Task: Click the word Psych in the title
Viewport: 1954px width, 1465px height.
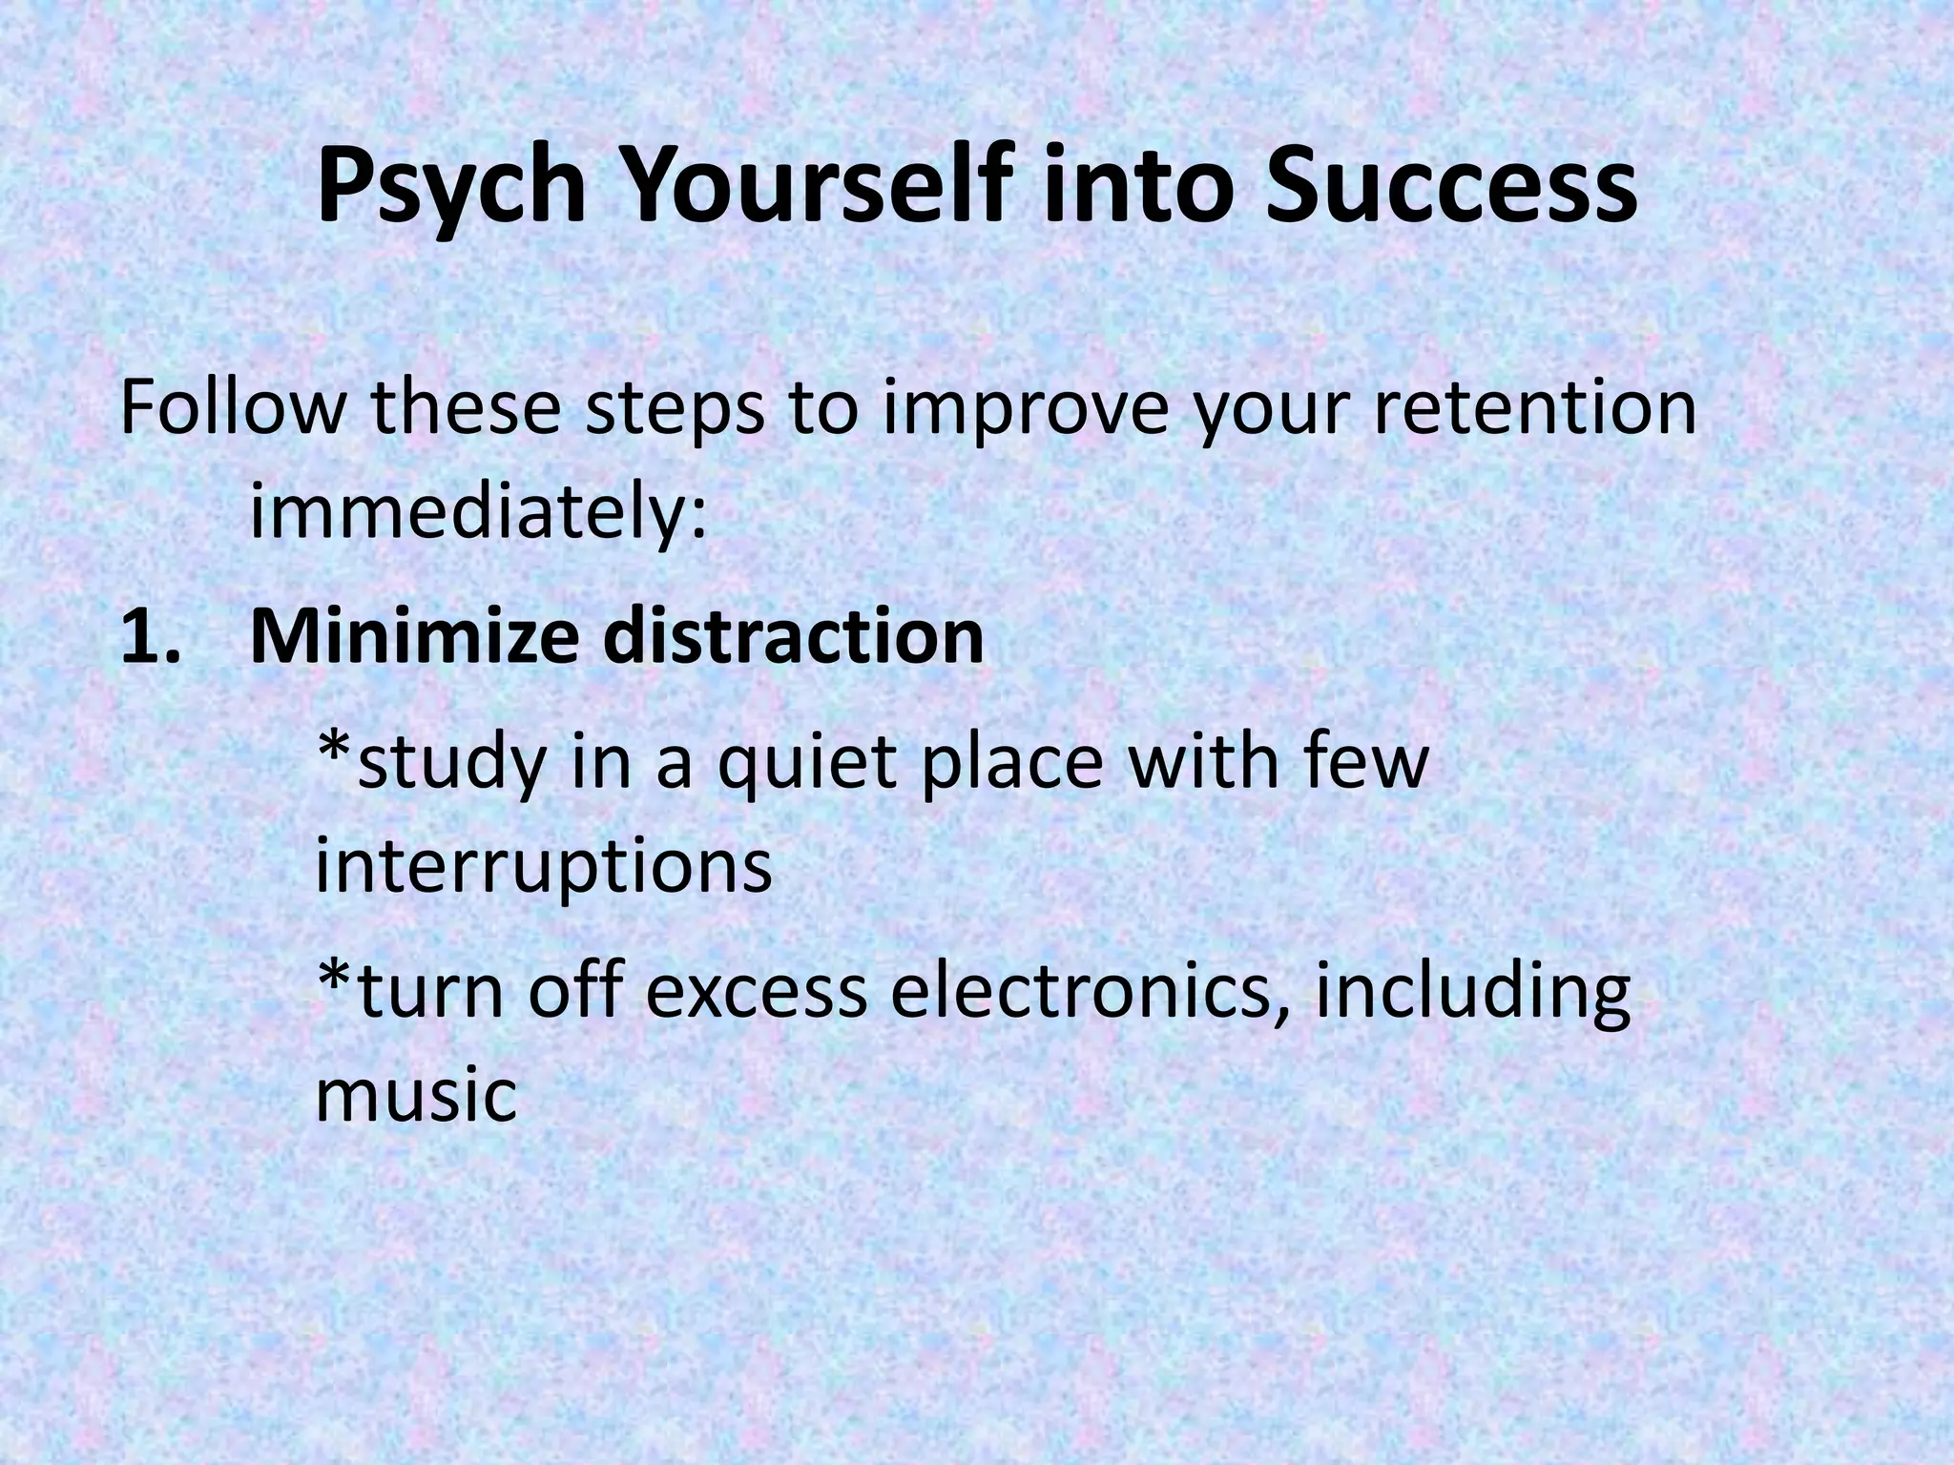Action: coord(450,188)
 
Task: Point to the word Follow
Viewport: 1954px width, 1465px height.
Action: coord(229,407)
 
